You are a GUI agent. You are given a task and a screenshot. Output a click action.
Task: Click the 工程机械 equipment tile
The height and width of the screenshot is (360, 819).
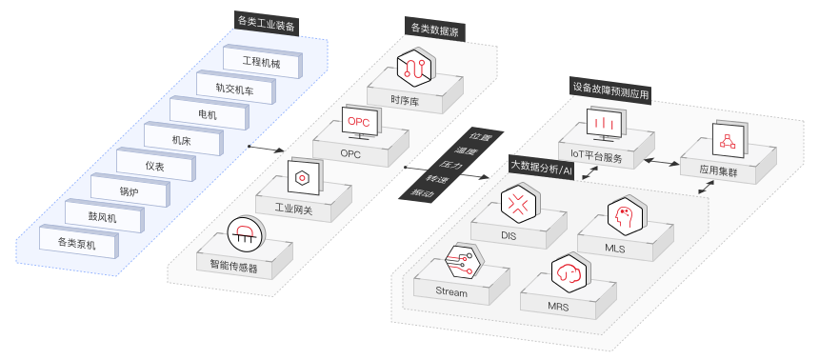coord(262,62)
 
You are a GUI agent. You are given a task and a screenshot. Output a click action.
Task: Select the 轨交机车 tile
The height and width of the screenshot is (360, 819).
coord(235,88)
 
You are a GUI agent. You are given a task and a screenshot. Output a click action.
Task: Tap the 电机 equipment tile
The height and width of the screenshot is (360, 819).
coord(209,113)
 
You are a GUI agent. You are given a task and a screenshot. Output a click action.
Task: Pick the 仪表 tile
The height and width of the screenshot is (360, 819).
coord(155,165)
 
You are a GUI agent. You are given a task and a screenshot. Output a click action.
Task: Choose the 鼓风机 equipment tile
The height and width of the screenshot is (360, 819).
coord(104,216)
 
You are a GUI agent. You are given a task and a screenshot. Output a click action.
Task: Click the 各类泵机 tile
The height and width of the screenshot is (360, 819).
coord(78,241)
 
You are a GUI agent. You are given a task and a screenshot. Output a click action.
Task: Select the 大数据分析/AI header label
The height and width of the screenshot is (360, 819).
coord(542,168)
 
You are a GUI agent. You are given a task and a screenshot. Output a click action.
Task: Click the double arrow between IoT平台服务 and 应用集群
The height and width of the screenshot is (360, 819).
coord(661,163)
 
